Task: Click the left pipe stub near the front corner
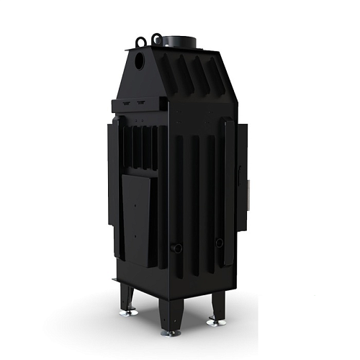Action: click(176, 248)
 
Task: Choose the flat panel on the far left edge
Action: click(114, 191)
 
